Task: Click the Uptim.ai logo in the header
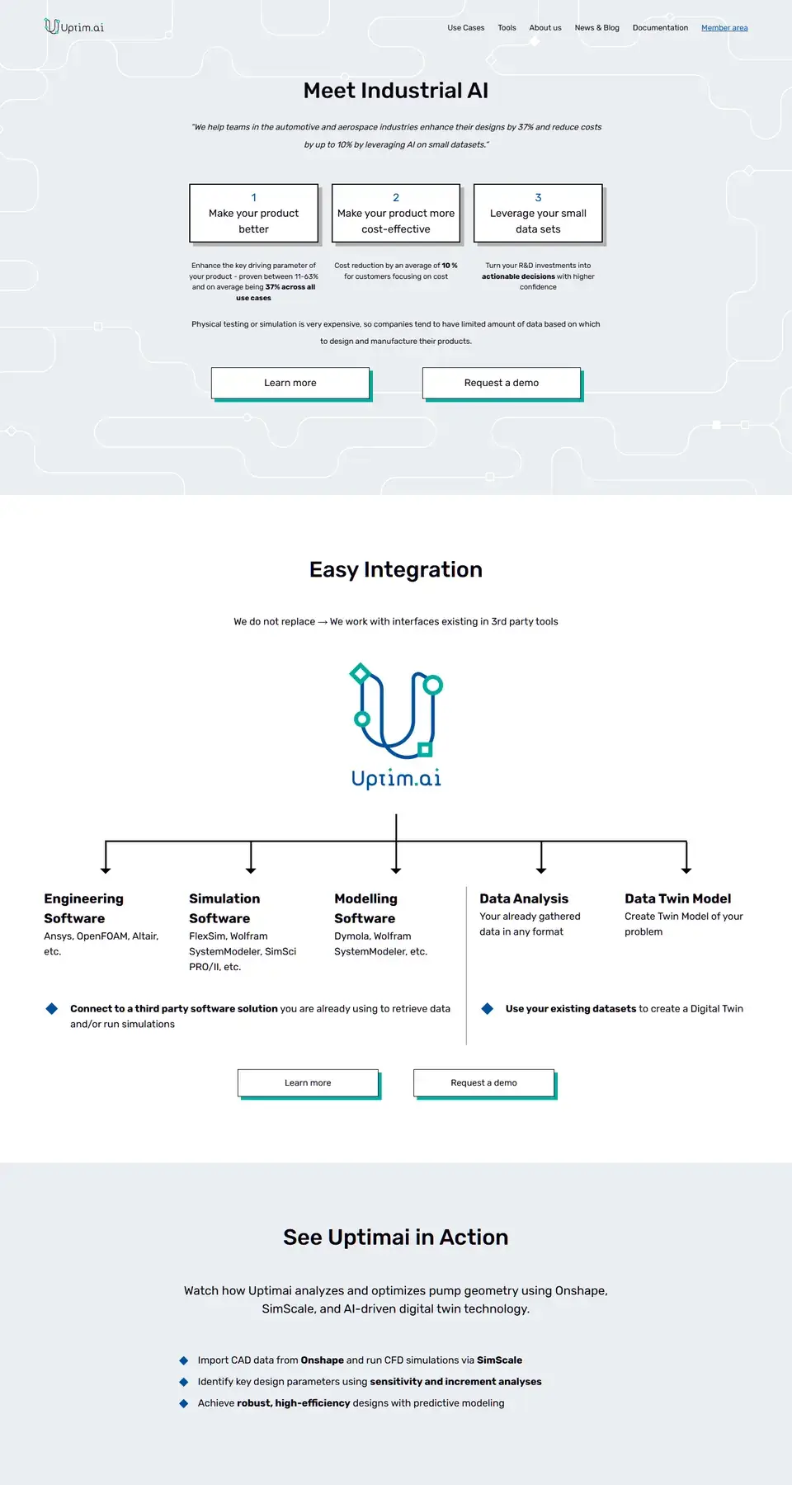74,26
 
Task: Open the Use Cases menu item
466,28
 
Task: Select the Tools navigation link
507,28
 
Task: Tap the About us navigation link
545,28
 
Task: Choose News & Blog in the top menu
596,28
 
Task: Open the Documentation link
660,28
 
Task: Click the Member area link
724,28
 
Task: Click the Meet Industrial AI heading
396,91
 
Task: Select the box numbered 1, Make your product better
254,214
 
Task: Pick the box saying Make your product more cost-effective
396,214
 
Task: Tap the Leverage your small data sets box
538,214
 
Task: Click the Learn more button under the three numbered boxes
290,384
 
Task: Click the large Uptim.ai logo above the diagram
396,726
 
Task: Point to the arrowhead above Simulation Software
251,870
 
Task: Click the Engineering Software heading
83,908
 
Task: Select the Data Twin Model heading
677,899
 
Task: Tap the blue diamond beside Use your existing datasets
488,1008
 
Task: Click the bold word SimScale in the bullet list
499,1360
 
